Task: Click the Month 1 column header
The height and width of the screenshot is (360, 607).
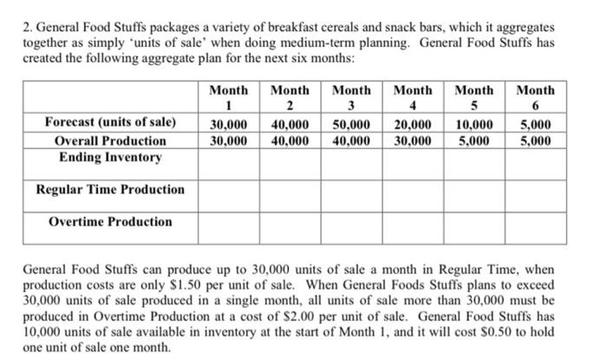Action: pos(229,98)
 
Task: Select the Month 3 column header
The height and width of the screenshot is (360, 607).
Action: pos(352,98)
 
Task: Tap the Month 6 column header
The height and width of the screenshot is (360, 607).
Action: pos(536,98)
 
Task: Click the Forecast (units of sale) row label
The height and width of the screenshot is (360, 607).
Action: pos(110,122)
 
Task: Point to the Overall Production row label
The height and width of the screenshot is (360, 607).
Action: pos(110,141)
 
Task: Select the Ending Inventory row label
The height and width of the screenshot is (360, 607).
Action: pos(110,157)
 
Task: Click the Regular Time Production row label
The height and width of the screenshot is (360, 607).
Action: pos(110,189)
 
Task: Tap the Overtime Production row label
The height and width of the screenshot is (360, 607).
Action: pos(110,221)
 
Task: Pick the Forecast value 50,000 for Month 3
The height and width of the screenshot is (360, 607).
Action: pos(352,123)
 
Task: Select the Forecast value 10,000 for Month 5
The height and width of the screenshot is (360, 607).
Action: pos(474,123)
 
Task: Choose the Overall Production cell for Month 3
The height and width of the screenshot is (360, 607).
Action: pos(352,141)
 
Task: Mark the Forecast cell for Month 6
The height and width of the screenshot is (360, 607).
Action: pos(536,123)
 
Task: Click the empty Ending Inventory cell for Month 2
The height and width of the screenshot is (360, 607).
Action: pos(290,158)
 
